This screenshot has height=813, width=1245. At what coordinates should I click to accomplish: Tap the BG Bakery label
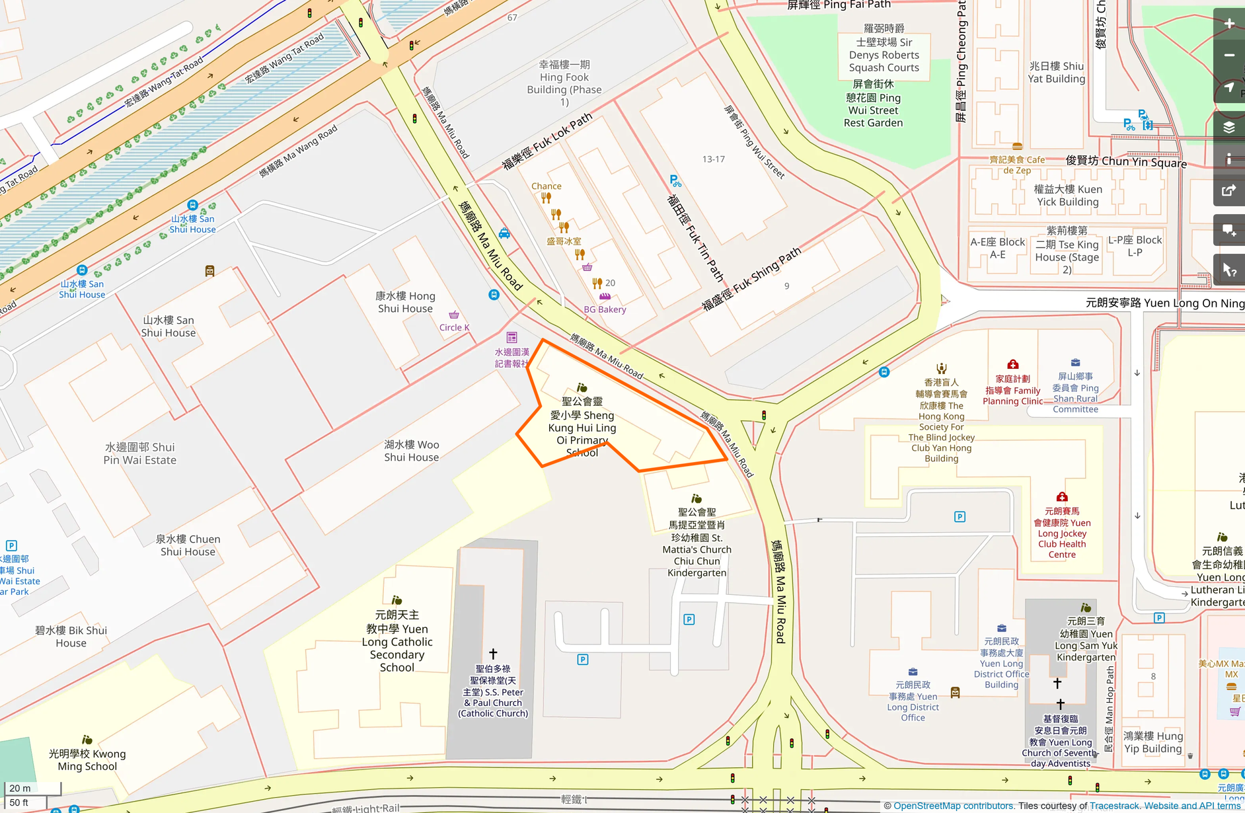click(x=605, y=309)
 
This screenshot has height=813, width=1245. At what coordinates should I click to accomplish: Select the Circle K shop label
click(x=454, y=327)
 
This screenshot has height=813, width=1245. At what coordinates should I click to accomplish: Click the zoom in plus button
click(x=1229, y=24)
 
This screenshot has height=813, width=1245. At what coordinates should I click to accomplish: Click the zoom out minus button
click(x=1229, y=56)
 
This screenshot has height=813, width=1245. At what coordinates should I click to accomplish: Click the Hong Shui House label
click(x=405, y=302)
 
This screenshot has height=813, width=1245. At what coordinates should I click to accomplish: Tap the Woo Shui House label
click(x=411, y=451)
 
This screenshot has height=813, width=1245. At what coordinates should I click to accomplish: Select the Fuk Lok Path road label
click(x=547, y=142)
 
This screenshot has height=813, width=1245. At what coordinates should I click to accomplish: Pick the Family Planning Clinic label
click(x=1012, y=390)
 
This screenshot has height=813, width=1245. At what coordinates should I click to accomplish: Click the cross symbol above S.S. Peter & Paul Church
click(x=493, y=654)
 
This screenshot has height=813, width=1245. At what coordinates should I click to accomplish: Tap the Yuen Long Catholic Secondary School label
click(x=397, y=641)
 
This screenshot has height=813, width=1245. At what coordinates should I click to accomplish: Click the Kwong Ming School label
click(x=87, y=759)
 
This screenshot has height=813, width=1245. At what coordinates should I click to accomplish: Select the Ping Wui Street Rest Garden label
click(x=873, y=104)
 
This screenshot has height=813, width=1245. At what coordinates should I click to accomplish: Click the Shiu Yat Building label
click(x=1056, y=72)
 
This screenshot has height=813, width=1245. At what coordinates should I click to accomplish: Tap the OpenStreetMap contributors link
click(x=952, y=806)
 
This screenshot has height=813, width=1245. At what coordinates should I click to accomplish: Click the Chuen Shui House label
click(x=188, y=545)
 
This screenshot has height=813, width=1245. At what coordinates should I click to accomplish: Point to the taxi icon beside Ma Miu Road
click(x=504, y=233)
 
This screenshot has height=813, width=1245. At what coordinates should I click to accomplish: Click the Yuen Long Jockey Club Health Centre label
click(x=1061, y=533)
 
